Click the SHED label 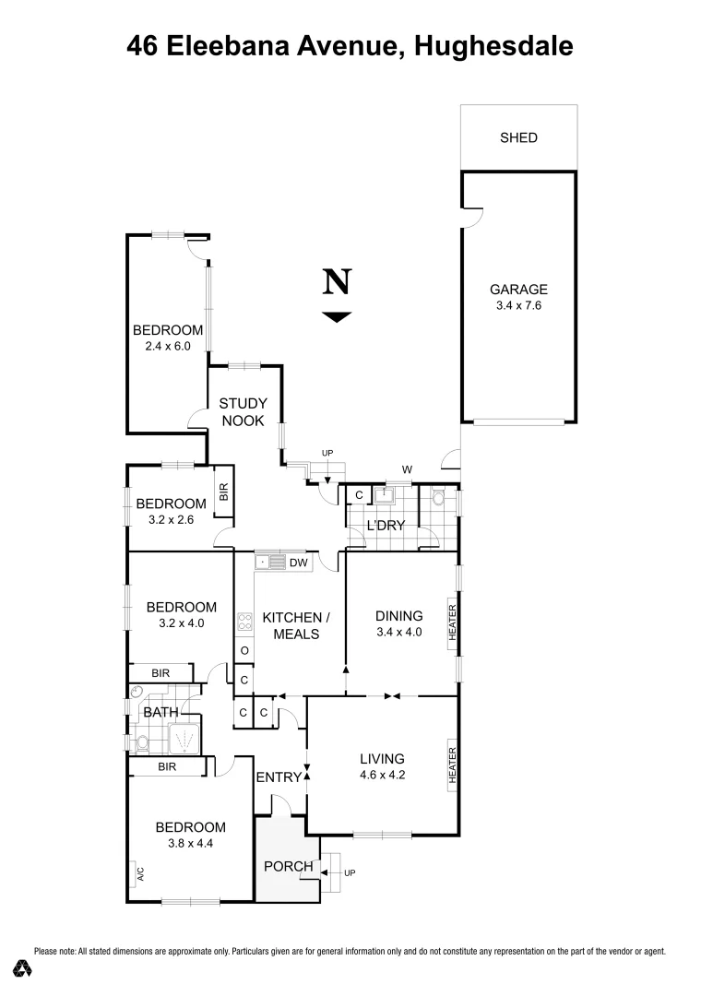pyautogui.click(x=518, y=138)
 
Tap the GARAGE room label pyautogui.click(x=518, y=289)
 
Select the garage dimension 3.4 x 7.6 pyautogui.click(x=518, y=305)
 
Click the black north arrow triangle pyautogui.click(x=339, y=317)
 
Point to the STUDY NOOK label pyautogui.click(x=243, y=412)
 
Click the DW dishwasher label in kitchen pyautogui.click(x=298, y=563)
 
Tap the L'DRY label pyautogui.click(x=386, y=527)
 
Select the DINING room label pyautogui.click(x=398, y=616)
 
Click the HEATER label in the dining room pyautogui.click(x=452, y=622)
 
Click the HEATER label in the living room pyautogui.click(x=452, y=765)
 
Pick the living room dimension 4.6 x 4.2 pyautogui.click(x=383, y=776)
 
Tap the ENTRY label pyautogui.click(x=279, y=777)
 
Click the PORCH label pyautogui.click(x=288, y=867)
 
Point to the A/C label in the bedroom pyautogui.click(x=140, y=872)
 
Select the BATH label pyautogui.click(x=160, y=712)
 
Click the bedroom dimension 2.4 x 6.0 pyautogui.click(x=167, y=347)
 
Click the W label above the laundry pyautogui.click(x=406, y=469)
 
